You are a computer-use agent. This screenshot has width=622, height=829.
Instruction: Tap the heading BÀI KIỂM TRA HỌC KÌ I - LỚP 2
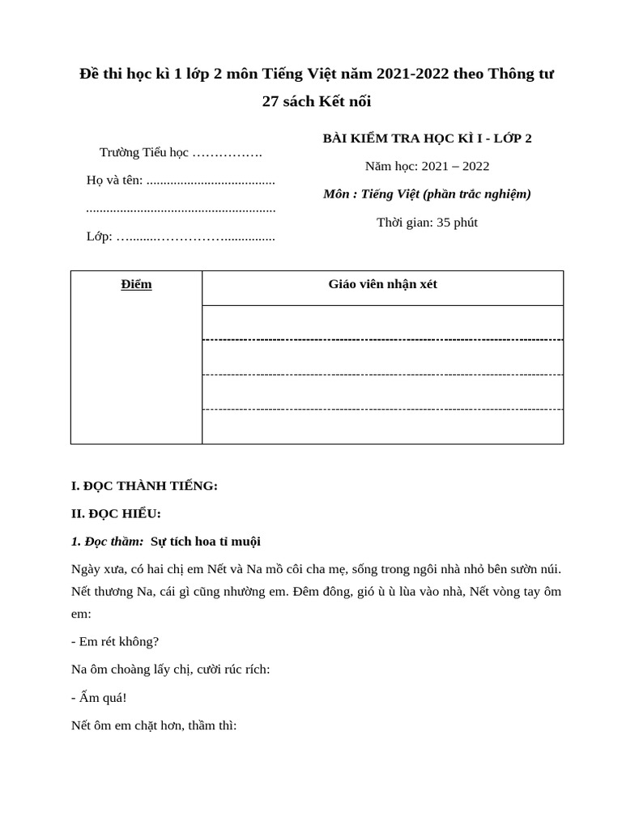point(427,138)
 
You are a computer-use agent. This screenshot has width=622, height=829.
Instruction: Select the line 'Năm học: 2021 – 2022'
point(427,166)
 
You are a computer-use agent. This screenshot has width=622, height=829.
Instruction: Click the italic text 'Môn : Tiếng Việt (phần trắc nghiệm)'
point(427,193)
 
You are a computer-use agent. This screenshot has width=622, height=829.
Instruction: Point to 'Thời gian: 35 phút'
point(427,222)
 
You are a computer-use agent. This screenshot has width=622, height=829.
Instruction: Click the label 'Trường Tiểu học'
point(143,152)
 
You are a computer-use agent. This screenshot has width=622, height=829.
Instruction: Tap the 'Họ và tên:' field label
point(114,180)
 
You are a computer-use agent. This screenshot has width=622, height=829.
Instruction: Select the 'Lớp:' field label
point(99,236)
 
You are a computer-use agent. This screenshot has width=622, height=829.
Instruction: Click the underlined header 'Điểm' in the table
point(136,284)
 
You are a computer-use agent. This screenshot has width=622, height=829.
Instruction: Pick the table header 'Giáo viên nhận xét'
point(382,284)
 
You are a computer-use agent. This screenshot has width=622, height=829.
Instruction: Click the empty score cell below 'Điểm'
point(136,372)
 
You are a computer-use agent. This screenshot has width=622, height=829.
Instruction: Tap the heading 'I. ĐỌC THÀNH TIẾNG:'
point(144,486)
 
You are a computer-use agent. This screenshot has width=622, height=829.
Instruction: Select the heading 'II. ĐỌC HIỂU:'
point(116,513)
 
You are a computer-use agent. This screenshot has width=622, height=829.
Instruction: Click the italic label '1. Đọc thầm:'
point(107,541)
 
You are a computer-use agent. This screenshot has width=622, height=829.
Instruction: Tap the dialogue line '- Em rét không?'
point(115,641)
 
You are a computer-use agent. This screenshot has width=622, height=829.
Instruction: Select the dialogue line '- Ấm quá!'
point(99,697)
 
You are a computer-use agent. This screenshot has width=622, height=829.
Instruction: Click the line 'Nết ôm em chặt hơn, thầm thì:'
point(154,725)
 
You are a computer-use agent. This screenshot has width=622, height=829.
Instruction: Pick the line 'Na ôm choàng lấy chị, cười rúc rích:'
point(170,669)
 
